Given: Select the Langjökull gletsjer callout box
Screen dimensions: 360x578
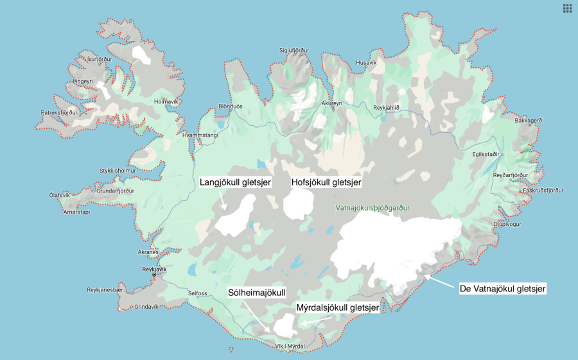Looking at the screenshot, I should (x=235, y=182).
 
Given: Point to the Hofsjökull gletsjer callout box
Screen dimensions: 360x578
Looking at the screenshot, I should (x=327, y=182).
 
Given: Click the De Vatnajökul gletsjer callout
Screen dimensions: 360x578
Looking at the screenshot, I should (x=503, y=289).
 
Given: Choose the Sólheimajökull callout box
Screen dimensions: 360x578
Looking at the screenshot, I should (x=257, y=293).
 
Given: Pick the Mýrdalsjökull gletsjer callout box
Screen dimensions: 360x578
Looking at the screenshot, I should (x=337, y=308).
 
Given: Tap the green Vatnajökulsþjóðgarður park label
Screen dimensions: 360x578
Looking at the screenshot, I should (x=372, y=208).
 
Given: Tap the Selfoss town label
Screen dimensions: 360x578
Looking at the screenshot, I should (x=197, y=293).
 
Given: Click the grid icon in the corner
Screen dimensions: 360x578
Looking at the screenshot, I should (x=567, y=8).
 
